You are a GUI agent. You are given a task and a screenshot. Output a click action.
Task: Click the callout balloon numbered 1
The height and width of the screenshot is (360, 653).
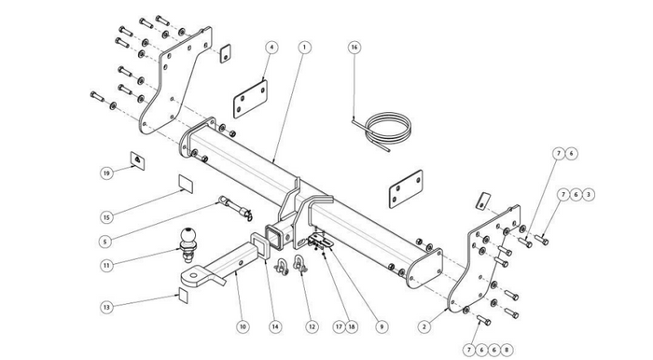coord(304,47)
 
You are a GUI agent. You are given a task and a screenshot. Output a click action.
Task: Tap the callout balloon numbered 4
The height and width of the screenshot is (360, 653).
coord(271,48)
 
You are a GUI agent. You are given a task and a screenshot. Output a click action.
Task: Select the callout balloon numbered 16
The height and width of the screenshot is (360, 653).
coord(354,47)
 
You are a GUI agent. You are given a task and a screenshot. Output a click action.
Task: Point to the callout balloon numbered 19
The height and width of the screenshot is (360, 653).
coord(107,173)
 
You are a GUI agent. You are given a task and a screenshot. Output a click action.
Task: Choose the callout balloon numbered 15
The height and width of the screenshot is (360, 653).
coord(106,216)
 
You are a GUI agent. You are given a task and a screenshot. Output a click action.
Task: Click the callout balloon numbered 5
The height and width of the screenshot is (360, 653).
coord(105,241)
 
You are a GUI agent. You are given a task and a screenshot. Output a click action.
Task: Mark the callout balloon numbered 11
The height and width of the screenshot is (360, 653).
coord(107,265)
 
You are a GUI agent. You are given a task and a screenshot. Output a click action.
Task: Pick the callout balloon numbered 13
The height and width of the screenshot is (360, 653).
coord(106,307)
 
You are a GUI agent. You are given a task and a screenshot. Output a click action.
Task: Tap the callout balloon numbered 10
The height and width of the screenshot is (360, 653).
coord(243,326)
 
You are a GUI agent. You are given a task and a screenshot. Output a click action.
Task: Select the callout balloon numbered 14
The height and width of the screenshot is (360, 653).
coord(275,326)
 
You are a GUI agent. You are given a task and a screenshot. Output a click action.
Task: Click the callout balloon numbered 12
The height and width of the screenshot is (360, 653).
coord(312,326)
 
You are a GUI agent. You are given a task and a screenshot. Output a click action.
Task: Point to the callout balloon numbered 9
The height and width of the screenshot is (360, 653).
coord(382,326)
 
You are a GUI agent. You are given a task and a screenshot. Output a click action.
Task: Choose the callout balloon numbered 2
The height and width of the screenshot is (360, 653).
coord(424,326)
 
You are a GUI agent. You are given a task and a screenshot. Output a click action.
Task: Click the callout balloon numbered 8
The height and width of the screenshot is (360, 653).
coord(506,350)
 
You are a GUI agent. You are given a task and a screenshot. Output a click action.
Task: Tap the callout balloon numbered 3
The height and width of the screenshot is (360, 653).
coord(588,194)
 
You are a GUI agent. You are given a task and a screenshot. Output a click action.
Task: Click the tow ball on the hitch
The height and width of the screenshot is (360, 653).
coord(188,244)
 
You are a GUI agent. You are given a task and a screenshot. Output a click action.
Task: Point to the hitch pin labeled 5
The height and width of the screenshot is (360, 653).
coord(236,208)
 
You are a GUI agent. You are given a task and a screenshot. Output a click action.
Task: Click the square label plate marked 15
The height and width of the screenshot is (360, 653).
coord(186,184)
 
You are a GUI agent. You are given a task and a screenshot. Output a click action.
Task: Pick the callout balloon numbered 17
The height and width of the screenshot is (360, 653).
coord(339,326)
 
